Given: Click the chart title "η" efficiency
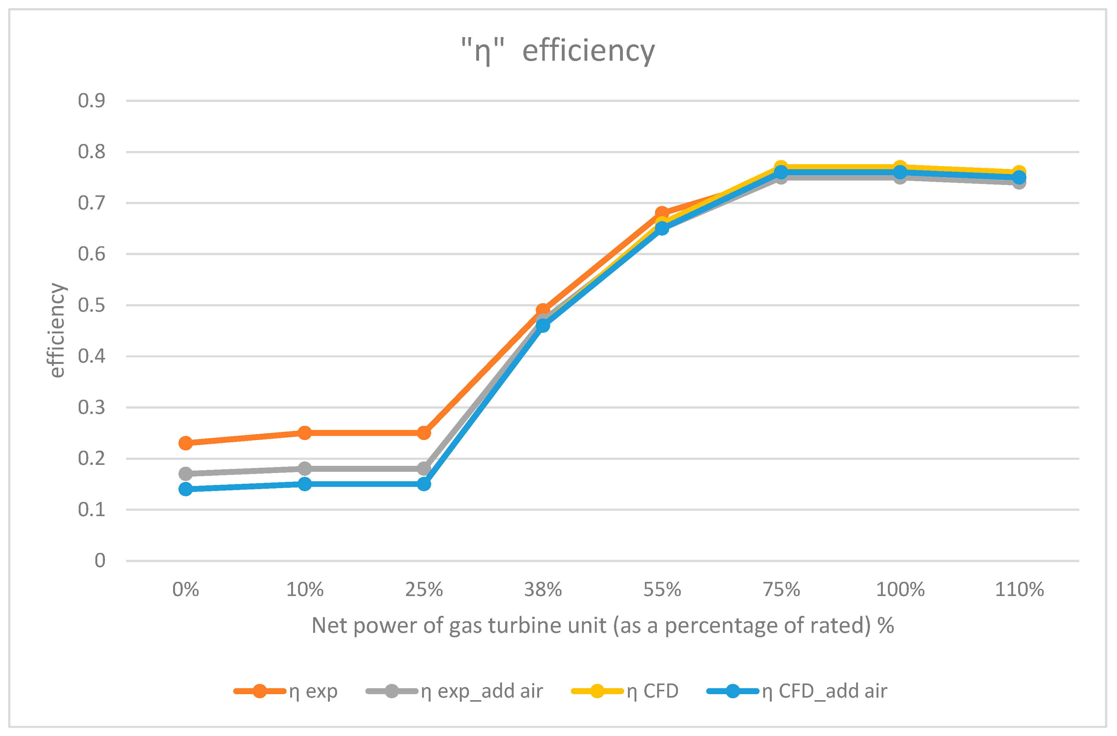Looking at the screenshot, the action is click(558, 51).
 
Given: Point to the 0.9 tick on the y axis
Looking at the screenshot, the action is click(92, 100).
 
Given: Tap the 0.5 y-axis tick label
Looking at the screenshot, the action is click(92, 305).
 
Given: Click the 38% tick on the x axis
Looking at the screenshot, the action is click(543, 589).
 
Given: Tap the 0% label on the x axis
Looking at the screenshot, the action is click(186, 589).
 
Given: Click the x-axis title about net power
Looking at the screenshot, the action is click(603, 626).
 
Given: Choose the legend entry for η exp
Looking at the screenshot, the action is click(285, 691).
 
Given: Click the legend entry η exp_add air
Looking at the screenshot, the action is click(454, 691).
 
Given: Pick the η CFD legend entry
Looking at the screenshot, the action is click(625, 691).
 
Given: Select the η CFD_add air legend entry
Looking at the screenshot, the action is click(797, 691).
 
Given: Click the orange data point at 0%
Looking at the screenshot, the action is click(186, 443).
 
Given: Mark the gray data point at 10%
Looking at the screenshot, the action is click(305, 468).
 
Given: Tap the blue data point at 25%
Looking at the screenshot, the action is click(424, 484).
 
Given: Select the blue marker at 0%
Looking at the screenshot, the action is click(186, 489).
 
